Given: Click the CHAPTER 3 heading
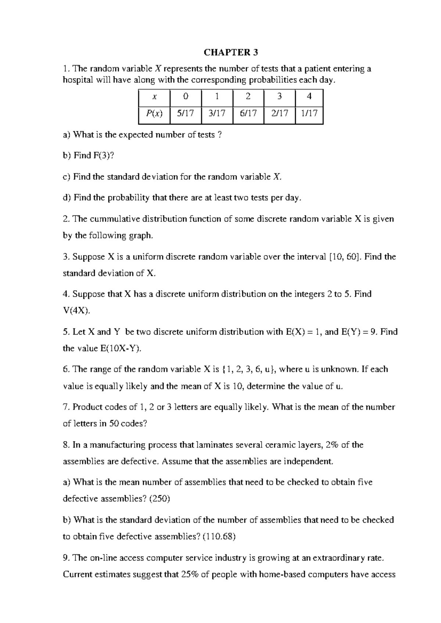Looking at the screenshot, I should [x=231, y=53].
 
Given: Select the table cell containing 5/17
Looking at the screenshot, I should [x=185, y=114].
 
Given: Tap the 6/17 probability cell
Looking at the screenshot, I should [x=248, y=114].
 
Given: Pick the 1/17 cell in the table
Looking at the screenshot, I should [x=309, y=114].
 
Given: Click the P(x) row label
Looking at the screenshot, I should [x=154, y=114].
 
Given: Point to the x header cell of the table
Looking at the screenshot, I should [x=154, y=97].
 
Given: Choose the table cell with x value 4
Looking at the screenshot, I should [x=309, y=97].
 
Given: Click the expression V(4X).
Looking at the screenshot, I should [x=76, y=311].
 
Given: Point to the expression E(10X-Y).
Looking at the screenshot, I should [x=121, y=349].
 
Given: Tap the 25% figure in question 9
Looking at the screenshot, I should [x=190, y=575].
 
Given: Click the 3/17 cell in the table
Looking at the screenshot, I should [x=217, y=114].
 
